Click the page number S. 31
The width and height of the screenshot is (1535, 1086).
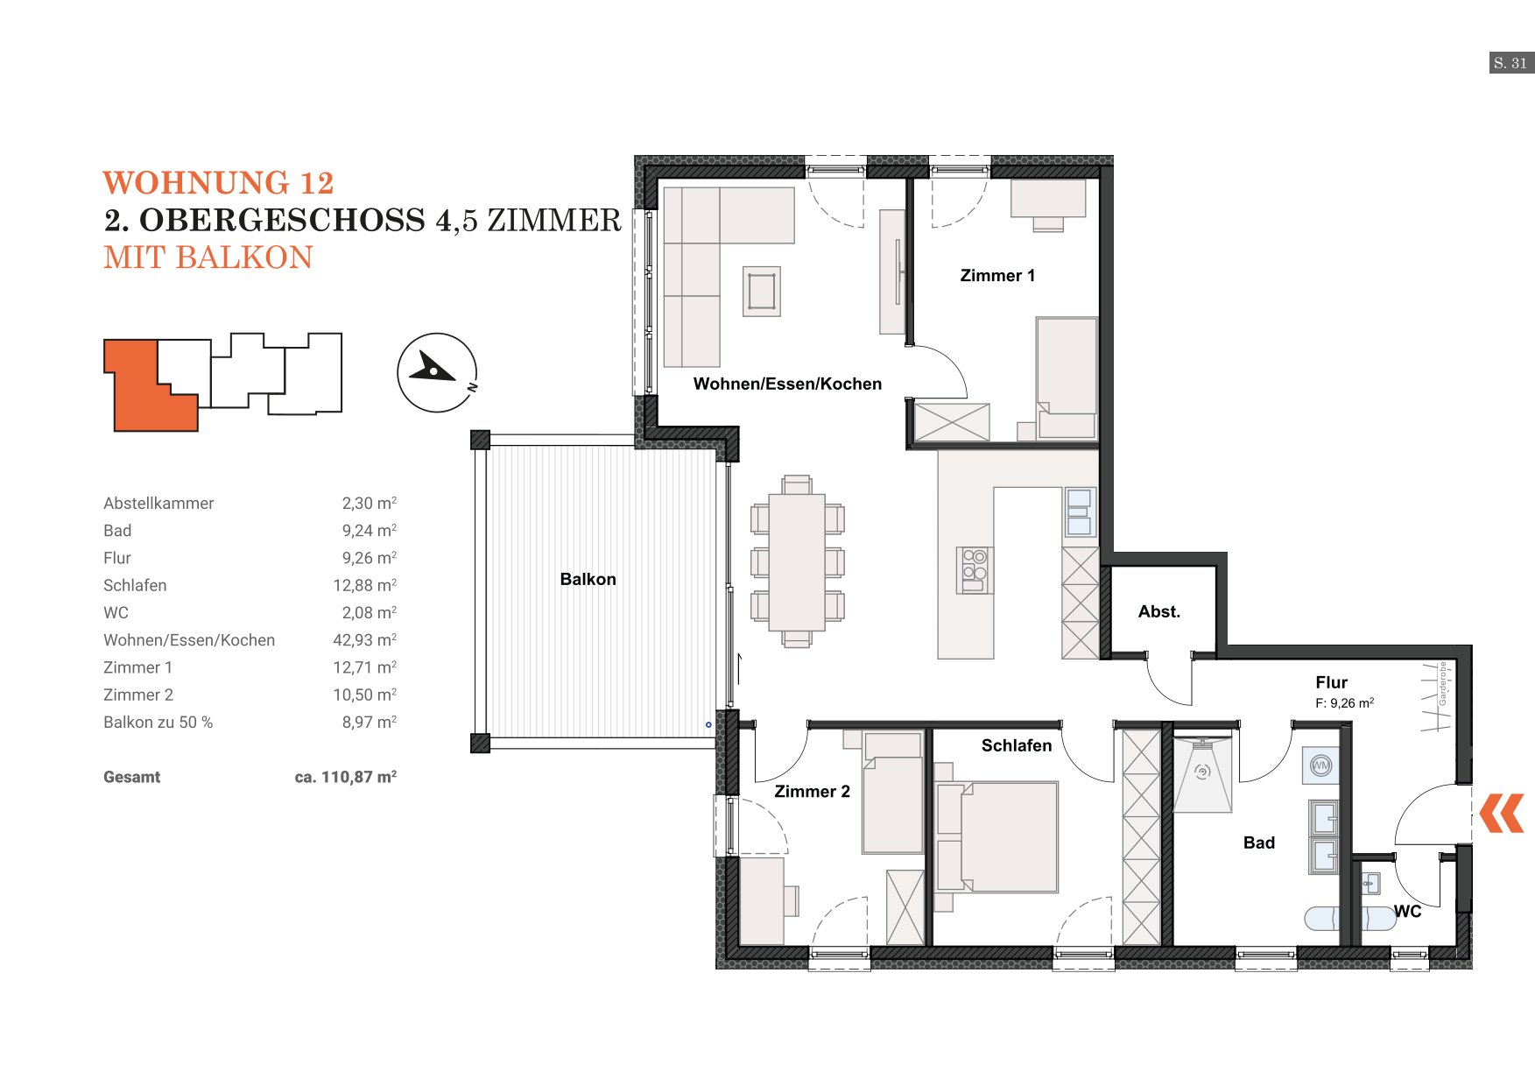[x=1511, y=63]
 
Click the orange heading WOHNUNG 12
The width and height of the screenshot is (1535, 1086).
[x=218, y=183]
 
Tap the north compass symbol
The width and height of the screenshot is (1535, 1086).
[x=437, y=372]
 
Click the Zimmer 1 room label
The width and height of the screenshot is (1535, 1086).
[x=997, y=276]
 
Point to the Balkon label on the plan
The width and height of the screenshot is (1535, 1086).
[x=588, y=579]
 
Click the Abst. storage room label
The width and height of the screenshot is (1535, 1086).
[x=1159, y=611]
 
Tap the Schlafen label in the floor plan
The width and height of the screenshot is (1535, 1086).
[x=1017, y=745]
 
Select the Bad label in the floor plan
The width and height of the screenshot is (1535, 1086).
[x=1259, y=843]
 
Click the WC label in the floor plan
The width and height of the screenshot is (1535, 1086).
[x=1407, y=911]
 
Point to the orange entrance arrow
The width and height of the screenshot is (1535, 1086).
[x=1502, y=813]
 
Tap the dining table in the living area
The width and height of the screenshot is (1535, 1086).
[x=797, y=562]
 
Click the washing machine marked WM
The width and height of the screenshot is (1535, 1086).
[x=1320, y=765]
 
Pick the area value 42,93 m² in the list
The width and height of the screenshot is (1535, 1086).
[x=364, y=640]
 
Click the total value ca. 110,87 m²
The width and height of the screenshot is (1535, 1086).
[x=346, y=777]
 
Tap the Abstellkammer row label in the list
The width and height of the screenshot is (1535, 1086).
[x=158, y=504]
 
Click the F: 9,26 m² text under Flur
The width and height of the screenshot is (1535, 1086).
[x=1344, y=702]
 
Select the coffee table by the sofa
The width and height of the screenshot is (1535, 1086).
[x=762, y=292]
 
